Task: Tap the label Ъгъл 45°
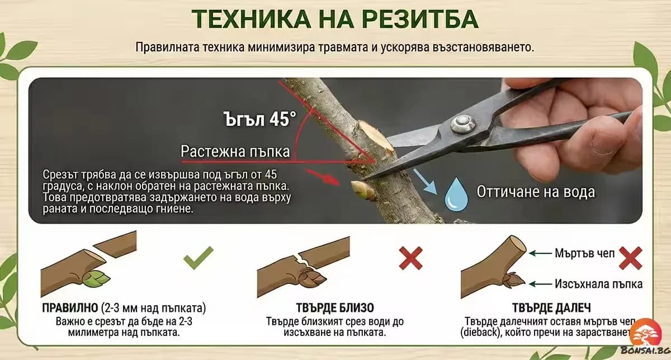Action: click(259, 119)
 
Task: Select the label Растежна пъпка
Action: click(235, 151)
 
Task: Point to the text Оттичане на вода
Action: click(536, 191)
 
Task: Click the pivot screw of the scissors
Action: click(461, 123)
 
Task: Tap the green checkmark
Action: click(198, 258)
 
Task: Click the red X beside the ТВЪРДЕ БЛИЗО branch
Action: click(410, 258)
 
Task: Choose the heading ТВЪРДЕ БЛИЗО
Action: click(335, 308)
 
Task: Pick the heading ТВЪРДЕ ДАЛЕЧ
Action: click(551, 308)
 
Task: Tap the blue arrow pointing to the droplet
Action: click(427, 181)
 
